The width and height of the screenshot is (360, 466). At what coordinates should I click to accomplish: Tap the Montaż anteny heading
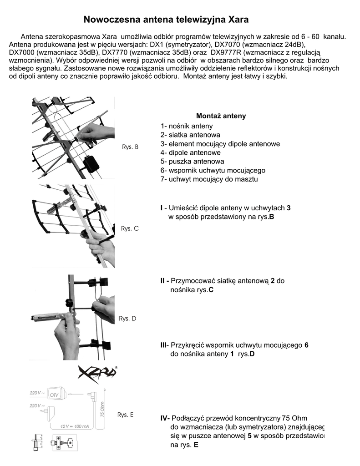[x=221, y=116]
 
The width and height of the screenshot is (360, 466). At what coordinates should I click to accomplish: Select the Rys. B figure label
[x=130, y=147]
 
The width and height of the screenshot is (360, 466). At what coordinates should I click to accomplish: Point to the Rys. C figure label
[x=130, y=228]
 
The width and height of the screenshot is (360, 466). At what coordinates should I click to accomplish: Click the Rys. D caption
[x=127, y=319]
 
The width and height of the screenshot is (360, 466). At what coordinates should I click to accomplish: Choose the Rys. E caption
[x=125, y=415]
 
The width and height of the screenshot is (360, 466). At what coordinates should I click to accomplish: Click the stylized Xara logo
[x=97, y=374]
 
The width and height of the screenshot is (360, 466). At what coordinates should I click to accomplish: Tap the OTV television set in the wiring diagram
[x=56, y=393]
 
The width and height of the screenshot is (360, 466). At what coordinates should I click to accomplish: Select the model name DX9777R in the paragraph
[x=226, y=52]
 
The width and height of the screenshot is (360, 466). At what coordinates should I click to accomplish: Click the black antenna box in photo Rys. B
[x=92, y=163]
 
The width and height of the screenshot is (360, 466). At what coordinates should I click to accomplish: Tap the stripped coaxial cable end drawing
[x=35, y=443]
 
